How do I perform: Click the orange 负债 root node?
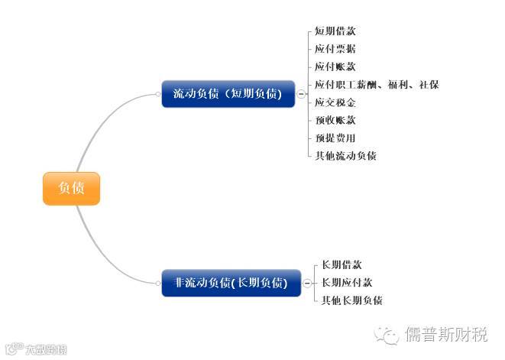coord(71,188)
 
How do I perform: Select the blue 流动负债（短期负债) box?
coord(228,95)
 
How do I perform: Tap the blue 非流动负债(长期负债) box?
coord(231,283)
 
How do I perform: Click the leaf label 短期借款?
coord(335,31)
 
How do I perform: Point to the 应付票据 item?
coord(335,49)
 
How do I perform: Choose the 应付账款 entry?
coord(335,66)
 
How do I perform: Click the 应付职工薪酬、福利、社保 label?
coord(377,85)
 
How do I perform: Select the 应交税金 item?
coord(335,102)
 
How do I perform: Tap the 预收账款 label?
coord(335,120)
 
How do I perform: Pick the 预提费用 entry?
coord(335,138)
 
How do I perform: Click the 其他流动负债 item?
coord(345,156)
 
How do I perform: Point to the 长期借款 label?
coord(342,264)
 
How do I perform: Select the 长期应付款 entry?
coord(347,283)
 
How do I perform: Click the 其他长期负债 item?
coord(351,300)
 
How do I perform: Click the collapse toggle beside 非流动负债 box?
coord(306,283)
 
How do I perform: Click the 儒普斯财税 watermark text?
coord(445,335)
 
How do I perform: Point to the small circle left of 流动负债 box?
coord(157,95)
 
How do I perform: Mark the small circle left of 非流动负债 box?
coord(157,283)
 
